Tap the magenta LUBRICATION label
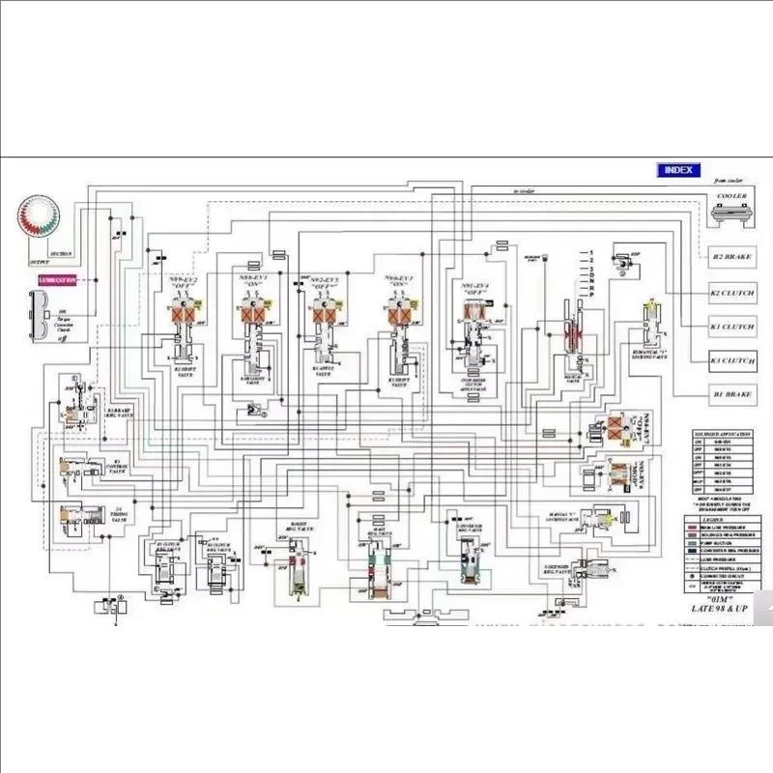click(x=58, y=280)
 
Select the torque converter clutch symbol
click(x=40, y=308)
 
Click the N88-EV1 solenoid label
click(x=254, y=281)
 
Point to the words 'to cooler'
click(x=525, y=192)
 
